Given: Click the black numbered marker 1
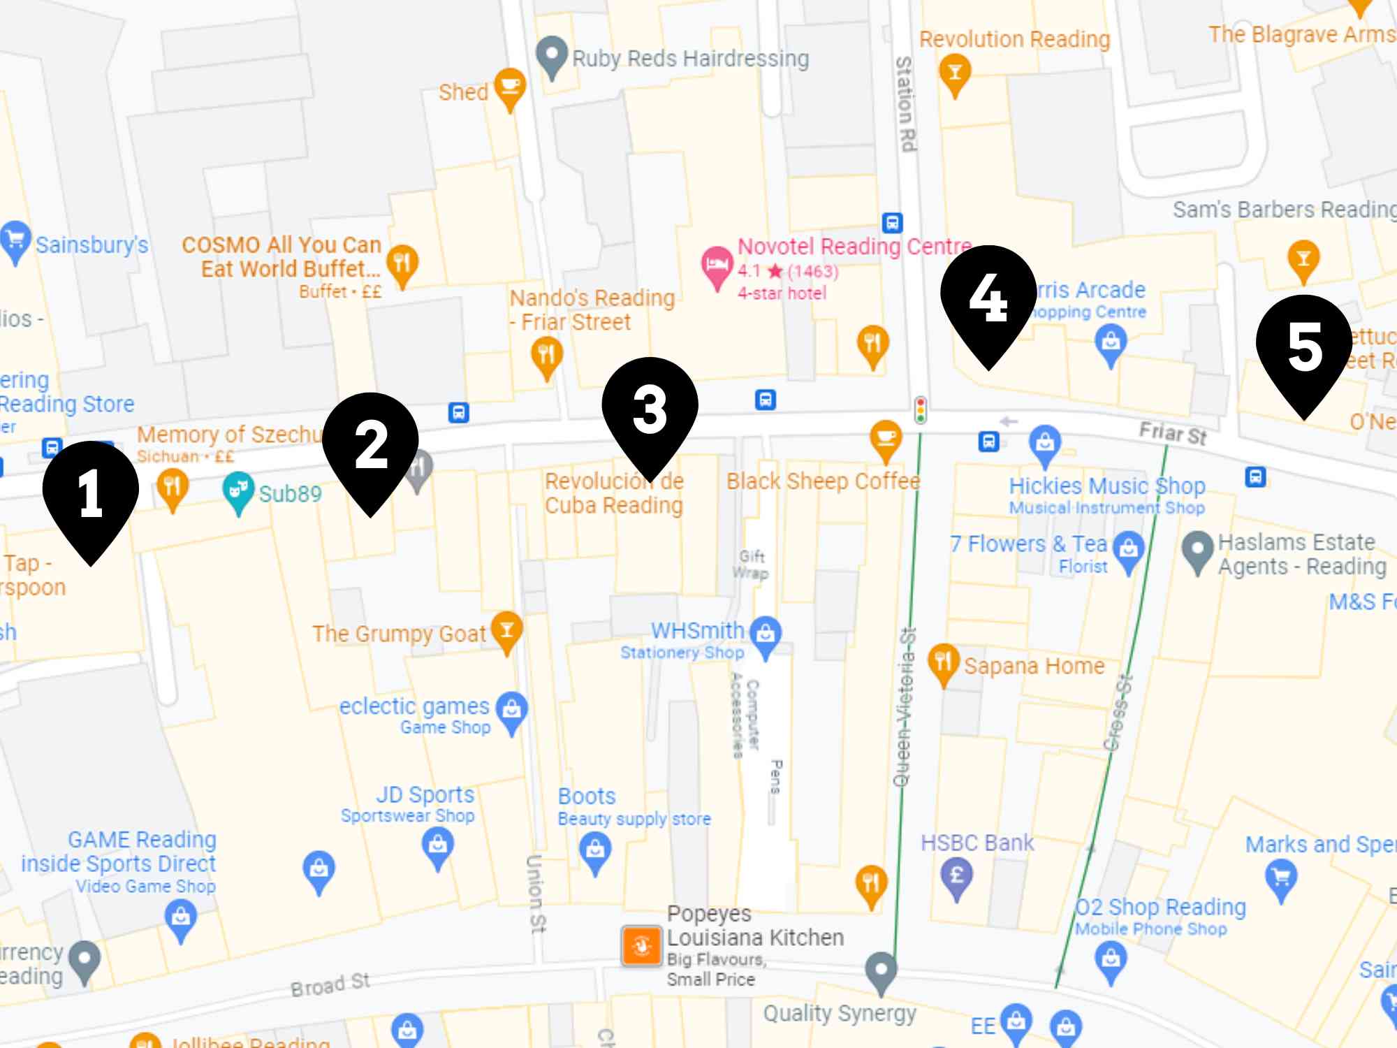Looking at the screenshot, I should point(91,493).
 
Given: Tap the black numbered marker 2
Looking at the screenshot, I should point(370,444).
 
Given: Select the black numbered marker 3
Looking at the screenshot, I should point(650,409).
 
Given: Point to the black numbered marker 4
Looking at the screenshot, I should point(988,297).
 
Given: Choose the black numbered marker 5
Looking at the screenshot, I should point(1304,347).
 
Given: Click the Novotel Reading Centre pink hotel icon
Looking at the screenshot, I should point(716,265).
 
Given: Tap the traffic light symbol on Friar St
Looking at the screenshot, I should point(921,409).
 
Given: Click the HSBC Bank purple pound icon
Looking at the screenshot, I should point(957,876).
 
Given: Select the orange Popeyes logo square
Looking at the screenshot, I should point(642,946).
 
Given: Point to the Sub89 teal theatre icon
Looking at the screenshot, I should point(238,490).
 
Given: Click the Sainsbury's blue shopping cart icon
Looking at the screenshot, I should point(15,240).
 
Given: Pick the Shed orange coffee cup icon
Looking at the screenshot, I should point(510,87).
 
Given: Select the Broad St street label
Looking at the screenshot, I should point(330,984).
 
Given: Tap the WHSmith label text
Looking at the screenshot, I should point(697,630).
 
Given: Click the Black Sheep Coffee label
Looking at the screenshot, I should point(823,481).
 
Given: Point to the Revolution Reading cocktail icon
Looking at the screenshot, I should point(955,73).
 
